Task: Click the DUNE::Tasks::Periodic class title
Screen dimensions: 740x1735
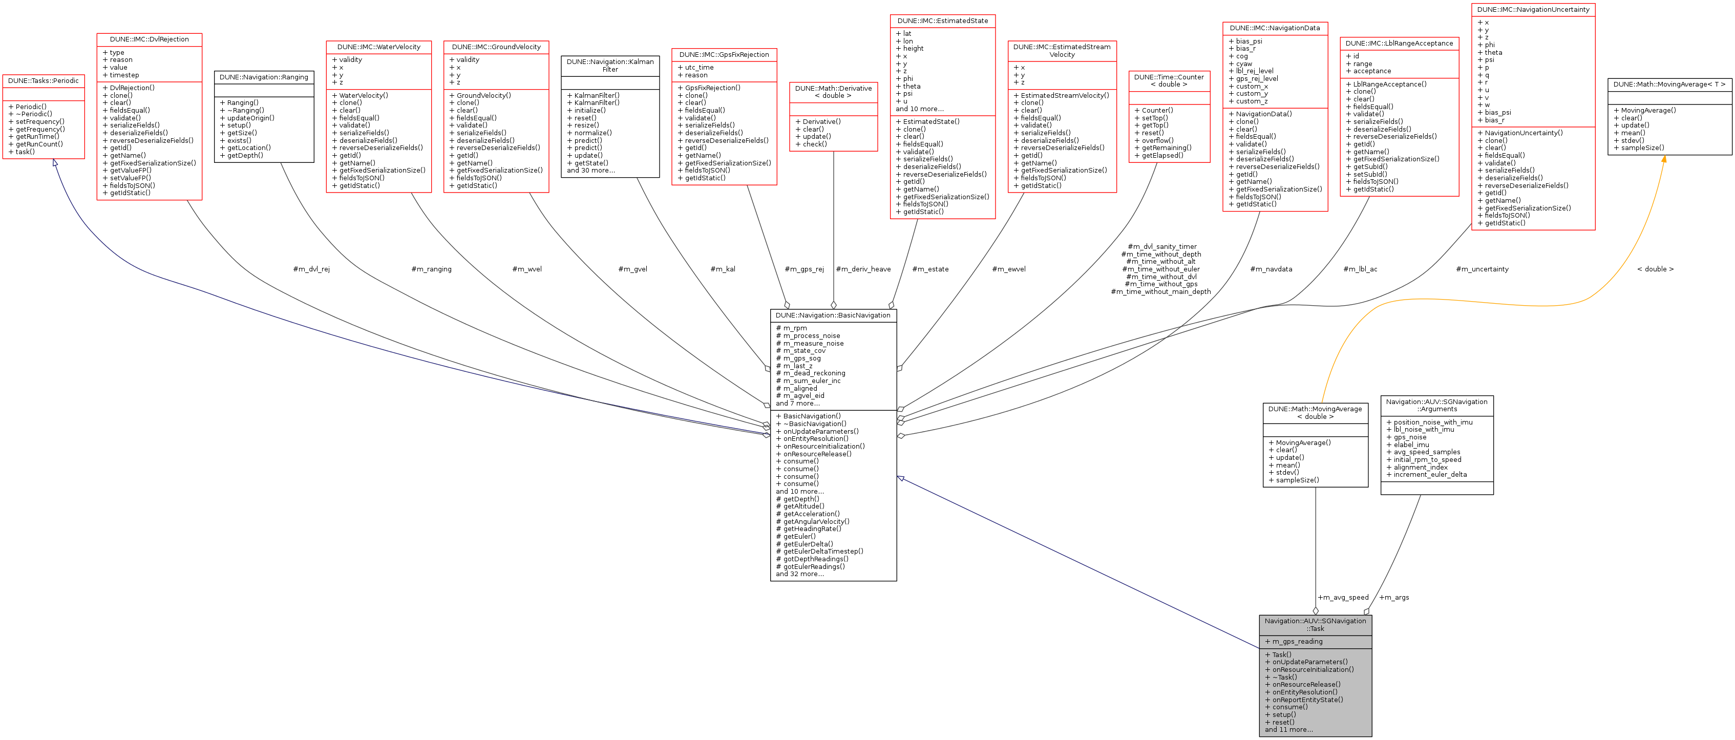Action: [x=43, y=81]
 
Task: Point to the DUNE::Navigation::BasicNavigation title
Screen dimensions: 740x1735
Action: [x=833, y=315]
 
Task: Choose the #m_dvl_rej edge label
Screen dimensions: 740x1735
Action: [x=311, y=269]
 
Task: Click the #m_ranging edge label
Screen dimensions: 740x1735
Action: [x=431, y=269]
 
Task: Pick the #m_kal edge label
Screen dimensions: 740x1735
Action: [x=723, y=269]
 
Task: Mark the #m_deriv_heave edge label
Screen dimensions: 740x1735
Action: [x=863, y=269]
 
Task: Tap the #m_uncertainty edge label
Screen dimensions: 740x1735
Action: [x=1482, y=269]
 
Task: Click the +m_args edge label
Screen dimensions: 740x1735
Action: [x=1393, y=597]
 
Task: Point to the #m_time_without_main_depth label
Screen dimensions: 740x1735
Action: [x=1160, y=291]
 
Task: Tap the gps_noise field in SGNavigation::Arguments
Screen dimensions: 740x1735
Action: [x=1410, y=437]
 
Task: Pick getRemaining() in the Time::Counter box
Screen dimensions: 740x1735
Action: [x=1166, y=148]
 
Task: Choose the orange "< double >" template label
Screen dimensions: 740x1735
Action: [x=1655, y=269]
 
